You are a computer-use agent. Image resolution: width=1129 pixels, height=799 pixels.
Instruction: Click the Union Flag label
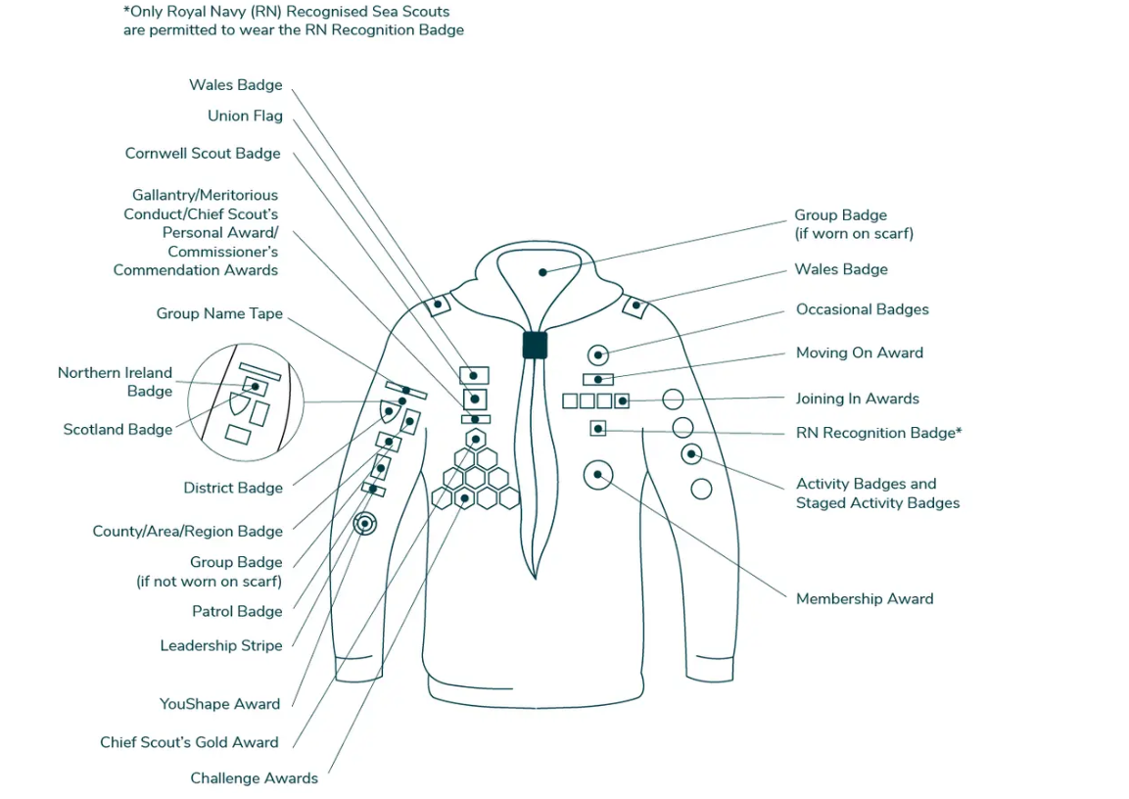[x=245, y=116]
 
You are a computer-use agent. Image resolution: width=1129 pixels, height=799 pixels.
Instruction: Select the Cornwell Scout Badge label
[x=203, y=154]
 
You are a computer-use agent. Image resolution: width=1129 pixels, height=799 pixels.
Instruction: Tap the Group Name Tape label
[x=219, y=314]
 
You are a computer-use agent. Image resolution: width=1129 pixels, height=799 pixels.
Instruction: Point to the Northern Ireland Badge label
[x=115, y=382]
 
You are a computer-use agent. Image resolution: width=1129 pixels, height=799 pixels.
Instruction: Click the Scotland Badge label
[x=118, y=430]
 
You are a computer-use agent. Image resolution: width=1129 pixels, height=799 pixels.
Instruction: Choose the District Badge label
[x=233, y=489]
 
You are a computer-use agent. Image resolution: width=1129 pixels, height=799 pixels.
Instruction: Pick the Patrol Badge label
[x=237, y=612]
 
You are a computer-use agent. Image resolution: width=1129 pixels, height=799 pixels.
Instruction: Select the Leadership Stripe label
[x=221, y=646]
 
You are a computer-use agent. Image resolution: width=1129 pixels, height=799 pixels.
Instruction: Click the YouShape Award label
[x=219, y=704]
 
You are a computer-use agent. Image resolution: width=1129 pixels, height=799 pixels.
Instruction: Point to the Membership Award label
[x=865, y=599]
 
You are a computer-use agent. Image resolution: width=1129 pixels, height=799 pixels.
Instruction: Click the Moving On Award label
[x=859, y=353]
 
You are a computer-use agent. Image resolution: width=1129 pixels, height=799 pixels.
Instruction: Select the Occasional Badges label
[x=862, y=310]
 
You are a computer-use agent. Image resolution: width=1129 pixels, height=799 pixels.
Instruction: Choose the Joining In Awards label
[x=857, y=399]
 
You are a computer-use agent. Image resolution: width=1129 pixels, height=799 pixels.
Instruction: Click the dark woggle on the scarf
[x=535, y=345]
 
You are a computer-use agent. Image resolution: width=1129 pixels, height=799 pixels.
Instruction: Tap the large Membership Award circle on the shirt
[x=597, y=475]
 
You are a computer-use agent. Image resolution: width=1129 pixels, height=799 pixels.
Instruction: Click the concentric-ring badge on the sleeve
[x=364, y=524]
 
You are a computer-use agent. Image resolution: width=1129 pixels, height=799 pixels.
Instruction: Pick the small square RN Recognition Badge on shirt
[x=597, y=428]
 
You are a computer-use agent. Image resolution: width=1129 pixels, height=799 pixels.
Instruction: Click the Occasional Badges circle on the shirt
[x=598, y=354]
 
